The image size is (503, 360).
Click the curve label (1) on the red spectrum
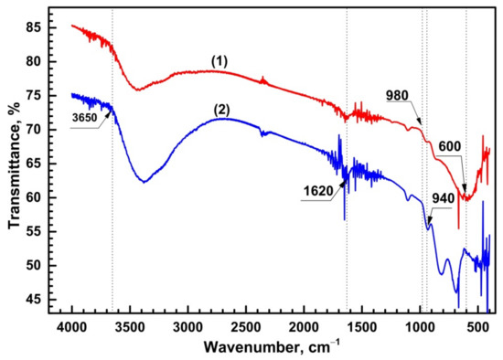[x=219, y=60]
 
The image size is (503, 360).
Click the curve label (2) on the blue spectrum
[x=221, y=109]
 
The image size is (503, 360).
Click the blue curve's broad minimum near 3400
[x=144, y=182]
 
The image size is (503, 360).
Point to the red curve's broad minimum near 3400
[x=138, y=90]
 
